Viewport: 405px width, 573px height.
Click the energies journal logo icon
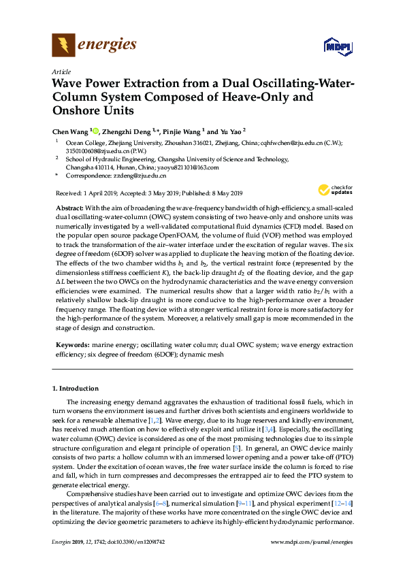point(63,46)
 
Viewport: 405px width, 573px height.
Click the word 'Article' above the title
point(61,71)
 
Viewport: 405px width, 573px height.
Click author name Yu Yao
point(228,131)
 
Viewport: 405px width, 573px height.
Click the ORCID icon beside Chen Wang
point(96,130)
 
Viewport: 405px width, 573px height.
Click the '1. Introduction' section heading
point(76,389)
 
